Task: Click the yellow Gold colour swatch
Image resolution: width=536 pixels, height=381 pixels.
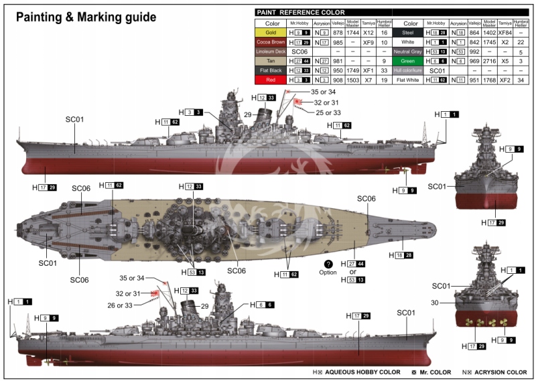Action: [x=271, y=32]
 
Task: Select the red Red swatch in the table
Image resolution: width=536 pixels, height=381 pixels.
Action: [x=271, y=80]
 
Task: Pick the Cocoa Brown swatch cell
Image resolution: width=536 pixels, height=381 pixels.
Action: [x=271, y=42]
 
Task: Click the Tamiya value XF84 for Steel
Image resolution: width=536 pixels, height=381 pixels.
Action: [x=505, y=32]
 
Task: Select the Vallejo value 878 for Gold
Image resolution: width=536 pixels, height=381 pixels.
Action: [x=338, y=32]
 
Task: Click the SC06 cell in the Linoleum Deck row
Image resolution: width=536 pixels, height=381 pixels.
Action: [x=299, y=52]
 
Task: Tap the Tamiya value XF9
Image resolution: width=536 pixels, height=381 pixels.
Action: [x=368, y=42]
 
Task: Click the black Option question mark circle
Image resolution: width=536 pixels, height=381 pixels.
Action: [x=328, y=264]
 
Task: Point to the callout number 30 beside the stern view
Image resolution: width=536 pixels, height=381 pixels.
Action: [x=435, y=303]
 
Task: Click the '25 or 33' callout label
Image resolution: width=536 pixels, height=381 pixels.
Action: [x=328, y=112]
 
